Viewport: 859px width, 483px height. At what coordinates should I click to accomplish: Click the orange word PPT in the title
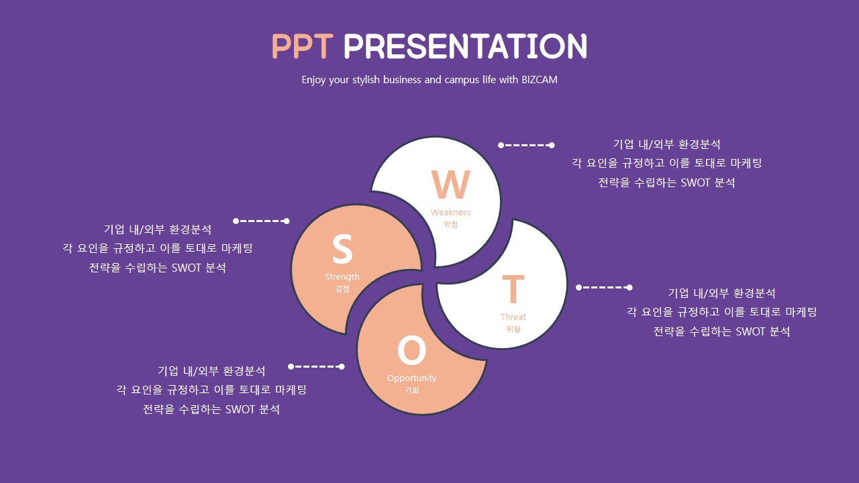pos(302,46)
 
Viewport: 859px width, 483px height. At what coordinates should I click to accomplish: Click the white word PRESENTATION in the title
pos(465,46)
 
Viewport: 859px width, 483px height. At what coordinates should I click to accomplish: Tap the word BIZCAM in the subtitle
pos(539,80)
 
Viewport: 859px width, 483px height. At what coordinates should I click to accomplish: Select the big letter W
pos(450,184)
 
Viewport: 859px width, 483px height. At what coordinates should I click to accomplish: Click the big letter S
pos(342,249)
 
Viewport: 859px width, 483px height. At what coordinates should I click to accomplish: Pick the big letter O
pos(412,350)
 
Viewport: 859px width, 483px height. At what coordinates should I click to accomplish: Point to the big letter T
pos(513,289)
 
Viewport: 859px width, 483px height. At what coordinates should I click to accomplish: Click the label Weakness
pos(450,213)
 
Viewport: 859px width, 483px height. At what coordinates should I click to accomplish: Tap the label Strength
pos(342,277)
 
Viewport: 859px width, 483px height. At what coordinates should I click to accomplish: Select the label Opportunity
pos(411,378)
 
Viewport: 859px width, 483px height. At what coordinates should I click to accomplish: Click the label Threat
pos(513,317)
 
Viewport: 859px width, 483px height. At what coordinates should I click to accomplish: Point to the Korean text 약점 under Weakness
pos(450,224)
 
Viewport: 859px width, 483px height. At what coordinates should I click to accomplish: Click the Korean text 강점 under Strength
pos(342,288)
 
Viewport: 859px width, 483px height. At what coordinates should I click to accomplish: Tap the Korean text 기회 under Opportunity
pos(411,390)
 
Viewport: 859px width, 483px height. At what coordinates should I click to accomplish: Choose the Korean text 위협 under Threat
pos(513,329)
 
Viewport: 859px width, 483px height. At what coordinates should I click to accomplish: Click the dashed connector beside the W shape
pos(526,146)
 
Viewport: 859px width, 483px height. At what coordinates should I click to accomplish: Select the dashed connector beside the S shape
pos(261,221)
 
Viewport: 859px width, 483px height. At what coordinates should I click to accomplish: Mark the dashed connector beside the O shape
pos(316,367)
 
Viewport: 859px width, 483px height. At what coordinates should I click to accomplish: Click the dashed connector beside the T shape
pos(604,288)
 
